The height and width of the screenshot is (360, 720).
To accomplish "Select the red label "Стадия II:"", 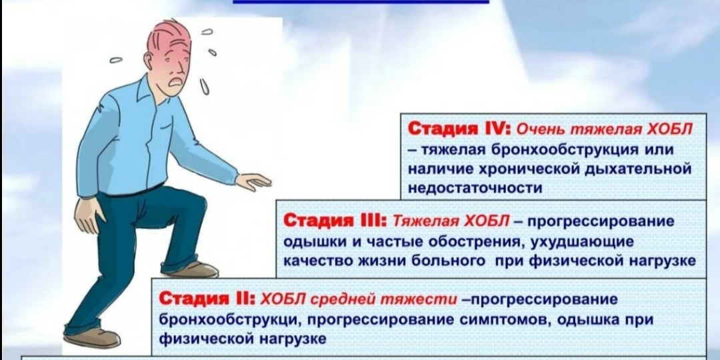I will (x=209, y=298).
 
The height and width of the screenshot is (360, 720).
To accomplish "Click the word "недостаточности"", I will (x=475, y=188).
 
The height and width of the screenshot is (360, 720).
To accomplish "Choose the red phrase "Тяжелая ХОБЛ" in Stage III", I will (x=451, y=221).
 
